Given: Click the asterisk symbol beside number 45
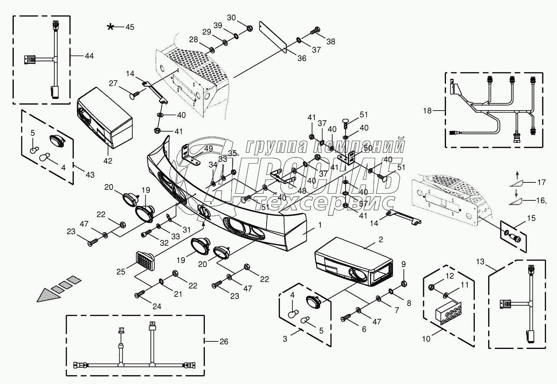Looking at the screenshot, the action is pyautogui.click(x=110, y=27).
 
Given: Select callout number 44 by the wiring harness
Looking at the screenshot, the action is pyautogui.click(x=89, y=56).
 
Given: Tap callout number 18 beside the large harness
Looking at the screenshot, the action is pyautogui.click(x=427, y=111).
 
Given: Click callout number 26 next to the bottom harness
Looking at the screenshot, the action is pyautogui.click(x=224, y=341).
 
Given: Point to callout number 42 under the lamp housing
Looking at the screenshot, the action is pyautogui.click(x=108, y=161).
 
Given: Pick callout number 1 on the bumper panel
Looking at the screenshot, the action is pyautogui.click(x=320, y=225).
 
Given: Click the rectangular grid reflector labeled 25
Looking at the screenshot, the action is pyautogui.click(x=146, y=260).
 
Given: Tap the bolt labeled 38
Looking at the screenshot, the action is pyautogui.click(x=315, y=30).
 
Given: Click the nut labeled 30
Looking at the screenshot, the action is pyautogui.click(x=250, y=28).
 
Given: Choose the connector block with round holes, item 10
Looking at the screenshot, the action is pyautogui.click(x=448, y=313).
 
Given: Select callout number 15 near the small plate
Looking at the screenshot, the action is pyautogui.click(x=531, y=218).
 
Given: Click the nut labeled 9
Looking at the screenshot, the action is pyautogui.click(x=404, y=283).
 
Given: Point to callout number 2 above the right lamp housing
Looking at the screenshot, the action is pyautogui.click(x=381, y=240).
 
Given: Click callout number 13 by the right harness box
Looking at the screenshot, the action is pyautogui.click(x=480, y=261).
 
